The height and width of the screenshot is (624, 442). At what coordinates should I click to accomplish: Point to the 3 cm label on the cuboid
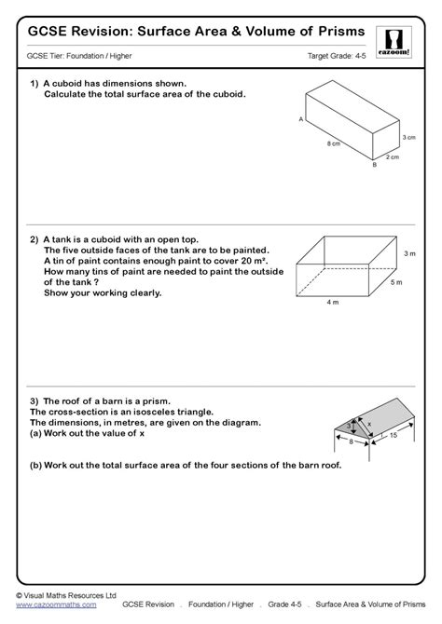(407, 138)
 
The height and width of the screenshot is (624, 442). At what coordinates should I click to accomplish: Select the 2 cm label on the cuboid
(395, 157)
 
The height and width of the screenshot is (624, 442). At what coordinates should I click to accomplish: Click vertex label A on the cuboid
(300, 120)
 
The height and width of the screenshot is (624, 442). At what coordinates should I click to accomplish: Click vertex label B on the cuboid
(373, 166)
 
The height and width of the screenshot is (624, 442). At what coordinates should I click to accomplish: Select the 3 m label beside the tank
(408, 252)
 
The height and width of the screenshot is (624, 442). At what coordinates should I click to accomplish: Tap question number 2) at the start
(34, 238)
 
